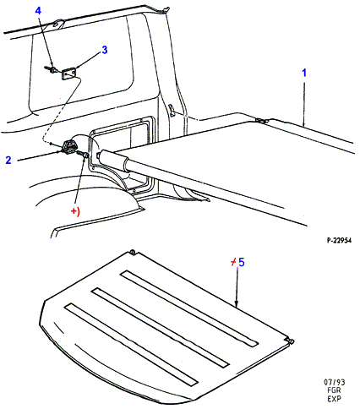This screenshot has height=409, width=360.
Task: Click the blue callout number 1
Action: (304, 73)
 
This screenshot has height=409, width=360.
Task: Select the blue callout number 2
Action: (8, 160)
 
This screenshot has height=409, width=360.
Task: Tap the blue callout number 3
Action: (105, 50)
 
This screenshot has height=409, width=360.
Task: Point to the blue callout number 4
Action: (38, 11)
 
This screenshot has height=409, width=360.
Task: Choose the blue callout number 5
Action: (242, 262)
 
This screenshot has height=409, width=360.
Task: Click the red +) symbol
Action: (75, 211)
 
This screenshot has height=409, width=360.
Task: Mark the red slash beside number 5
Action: (233, 263)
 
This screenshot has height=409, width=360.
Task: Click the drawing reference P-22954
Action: (339, 240)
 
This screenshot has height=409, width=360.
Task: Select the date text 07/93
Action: (335, 382)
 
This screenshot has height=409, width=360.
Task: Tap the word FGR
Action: (334, 390)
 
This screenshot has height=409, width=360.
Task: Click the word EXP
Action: (334, 399)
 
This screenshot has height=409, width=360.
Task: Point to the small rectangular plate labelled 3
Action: (68, 74)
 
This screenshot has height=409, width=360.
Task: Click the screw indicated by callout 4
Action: (50, 68)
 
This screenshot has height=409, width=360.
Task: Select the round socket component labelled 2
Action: (68, 147)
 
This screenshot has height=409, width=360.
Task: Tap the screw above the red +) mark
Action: (83, 154)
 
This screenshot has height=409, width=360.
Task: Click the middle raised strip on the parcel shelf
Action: (161, 327)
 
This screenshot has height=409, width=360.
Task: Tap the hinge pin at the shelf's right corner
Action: (291, 341)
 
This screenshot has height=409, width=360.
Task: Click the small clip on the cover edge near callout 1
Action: (262, 121)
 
